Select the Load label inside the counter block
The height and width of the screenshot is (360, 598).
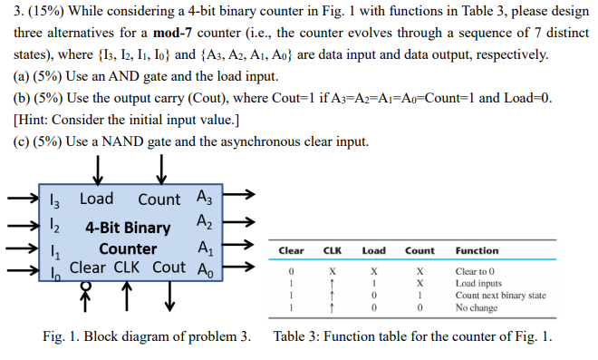[x=97, y=199]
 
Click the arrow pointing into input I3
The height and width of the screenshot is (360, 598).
[x=22, y=198]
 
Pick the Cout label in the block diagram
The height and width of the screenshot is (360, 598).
[x=169, y=268]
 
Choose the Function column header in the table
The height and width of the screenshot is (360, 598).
[x=477, y=250]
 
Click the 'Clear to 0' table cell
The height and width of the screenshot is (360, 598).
[x=478, y=271]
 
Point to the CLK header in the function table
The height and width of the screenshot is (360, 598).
[x=333, y=250]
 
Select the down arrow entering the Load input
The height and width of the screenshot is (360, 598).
[x=97, y=170]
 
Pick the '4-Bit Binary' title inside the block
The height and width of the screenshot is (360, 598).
[x=128, y=227]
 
